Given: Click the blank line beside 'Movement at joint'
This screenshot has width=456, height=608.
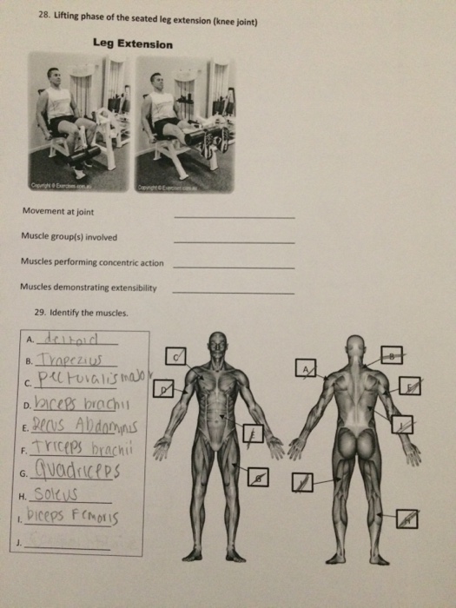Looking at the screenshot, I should click(x=234, y=215).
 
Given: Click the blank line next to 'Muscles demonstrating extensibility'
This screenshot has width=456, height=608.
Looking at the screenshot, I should click(x=234, y=291).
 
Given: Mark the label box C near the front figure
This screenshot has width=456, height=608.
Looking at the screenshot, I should click(x=178, y=356).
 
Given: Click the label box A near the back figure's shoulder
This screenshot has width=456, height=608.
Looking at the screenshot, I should click(x=305, y=368).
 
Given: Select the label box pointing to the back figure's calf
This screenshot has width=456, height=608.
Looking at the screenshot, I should click(x=407, y=519).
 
